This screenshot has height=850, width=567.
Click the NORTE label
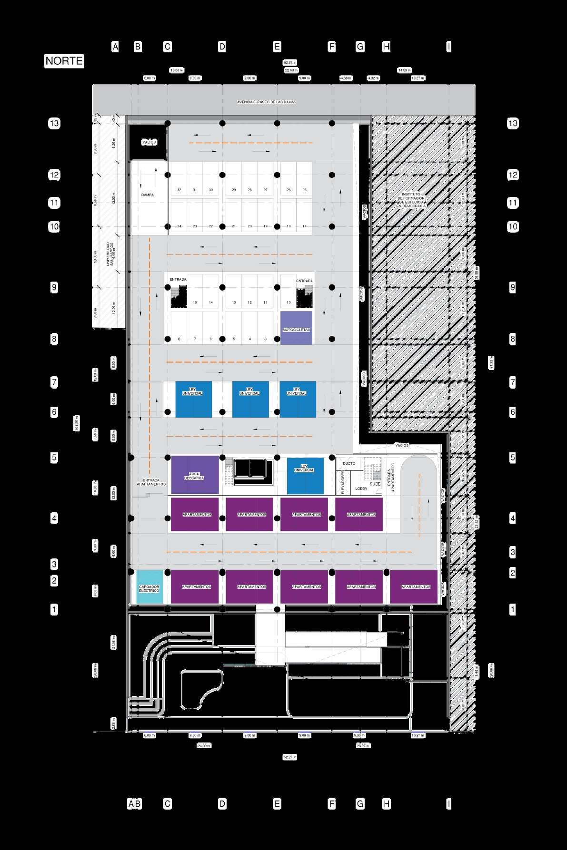tap(64, 61)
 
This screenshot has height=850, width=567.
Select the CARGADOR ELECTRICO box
tap(149, 587)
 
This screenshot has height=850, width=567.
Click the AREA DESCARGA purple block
tap(194, 475)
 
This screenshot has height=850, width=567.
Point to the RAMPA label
tap(147, 195)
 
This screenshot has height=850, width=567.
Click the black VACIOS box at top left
tap(149, 142)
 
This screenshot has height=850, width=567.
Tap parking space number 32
tap(179, 190)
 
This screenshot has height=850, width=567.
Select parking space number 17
tap(304, 226)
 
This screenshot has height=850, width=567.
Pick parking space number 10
tap(288, 303)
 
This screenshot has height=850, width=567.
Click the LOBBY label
tap(361, 489)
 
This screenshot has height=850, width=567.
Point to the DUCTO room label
tap(349, 463)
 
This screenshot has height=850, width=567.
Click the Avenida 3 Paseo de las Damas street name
tap(267, 102)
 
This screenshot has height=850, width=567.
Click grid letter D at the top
tap(222, 47)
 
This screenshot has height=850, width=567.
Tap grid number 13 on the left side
tap(54, 124)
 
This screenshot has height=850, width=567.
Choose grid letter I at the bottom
tap(448, 804)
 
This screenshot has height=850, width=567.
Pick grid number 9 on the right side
tap(512, 287)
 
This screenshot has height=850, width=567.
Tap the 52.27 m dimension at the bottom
tap(289, 757)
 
